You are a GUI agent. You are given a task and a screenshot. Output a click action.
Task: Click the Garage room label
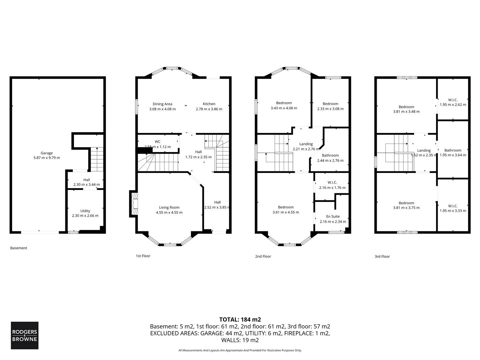coord(47,153)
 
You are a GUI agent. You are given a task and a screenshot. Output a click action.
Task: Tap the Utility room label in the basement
coord(85,211)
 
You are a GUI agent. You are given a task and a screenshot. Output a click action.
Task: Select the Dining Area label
coord(162,104)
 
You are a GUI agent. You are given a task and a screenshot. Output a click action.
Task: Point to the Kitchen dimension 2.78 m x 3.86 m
coord(209,109)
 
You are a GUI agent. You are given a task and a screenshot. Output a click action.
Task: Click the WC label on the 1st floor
coord(157,142)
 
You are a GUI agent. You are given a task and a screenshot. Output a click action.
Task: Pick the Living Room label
coord(169,207)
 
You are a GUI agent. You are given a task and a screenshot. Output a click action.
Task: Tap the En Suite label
coord(333,216)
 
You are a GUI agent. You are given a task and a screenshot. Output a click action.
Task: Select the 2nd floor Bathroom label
coord(330,155)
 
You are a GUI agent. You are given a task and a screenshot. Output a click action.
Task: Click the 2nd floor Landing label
coord(306,144)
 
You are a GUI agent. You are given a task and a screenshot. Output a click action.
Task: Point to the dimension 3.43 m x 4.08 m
coord(284,108)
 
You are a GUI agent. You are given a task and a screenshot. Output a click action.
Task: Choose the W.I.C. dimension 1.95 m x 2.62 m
coord(453,104)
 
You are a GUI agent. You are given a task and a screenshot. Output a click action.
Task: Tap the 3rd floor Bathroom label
coord(453,150)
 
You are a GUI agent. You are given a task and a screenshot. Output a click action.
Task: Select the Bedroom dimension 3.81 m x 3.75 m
coord(406,208)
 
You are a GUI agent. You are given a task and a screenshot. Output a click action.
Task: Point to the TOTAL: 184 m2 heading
coord(240,320)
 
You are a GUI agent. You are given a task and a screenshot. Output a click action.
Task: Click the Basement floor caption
coord(19,248)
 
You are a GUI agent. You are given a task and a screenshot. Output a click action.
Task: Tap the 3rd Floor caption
coord(382,256)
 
